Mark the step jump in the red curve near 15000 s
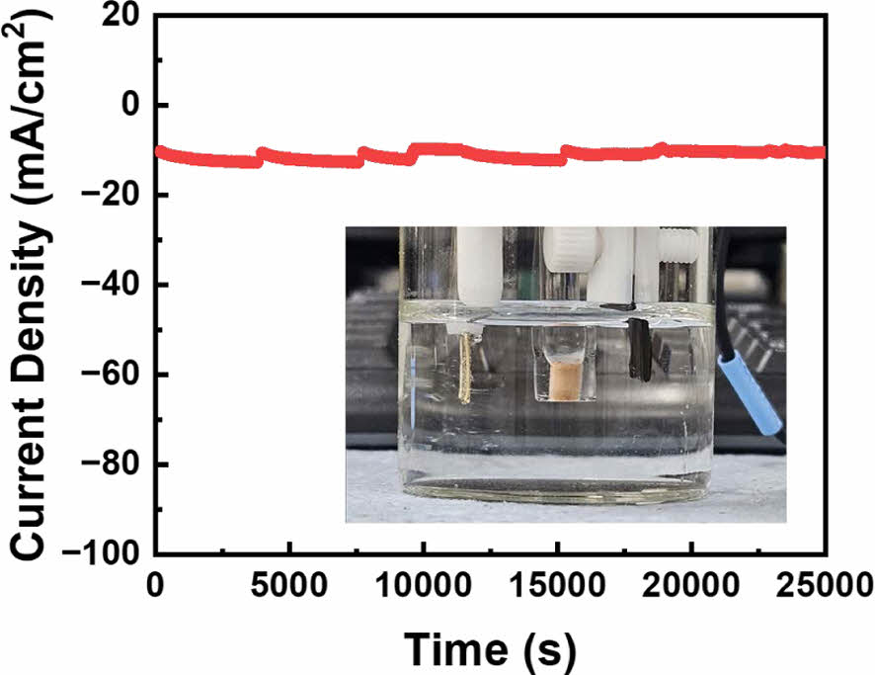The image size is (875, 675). click(x=563, y=154)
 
